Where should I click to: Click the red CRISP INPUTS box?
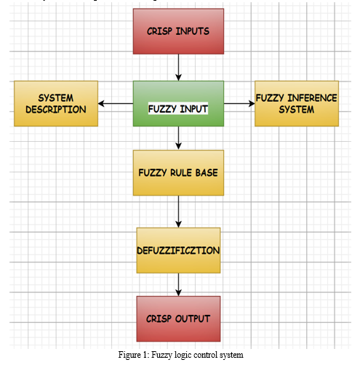pyautogui.click(x=178, y=31)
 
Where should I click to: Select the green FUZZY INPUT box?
pyautogui.click(x=178, y=103)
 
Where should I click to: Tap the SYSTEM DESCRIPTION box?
pyautogui.click(x=56, y=103)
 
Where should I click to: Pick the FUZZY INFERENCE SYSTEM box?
pyautogui.click(x=297, y=103)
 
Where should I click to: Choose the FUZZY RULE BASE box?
pyautogui.click(x=178, y=173)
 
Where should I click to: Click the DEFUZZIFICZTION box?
pyautogui.click(x=178, y=250)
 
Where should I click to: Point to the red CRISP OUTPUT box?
pyautogui.click(x=178, y=318)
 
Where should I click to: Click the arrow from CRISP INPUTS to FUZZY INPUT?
pyautogui.click(x=178, y=68)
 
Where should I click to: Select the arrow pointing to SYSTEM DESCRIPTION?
pyautogui.click(x=116, y=103)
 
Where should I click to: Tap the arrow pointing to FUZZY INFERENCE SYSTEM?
pyautogui.click(x=239, y=103)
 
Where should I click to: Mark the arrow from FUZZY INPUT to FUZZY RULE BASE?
pyautogui.click(x=178, y=138)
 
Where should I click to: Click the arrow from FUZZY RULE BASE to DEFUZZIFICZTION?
pyautogui.click(x=178, y=212)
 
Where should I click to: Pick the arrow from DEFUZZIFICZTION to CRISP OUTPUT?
pyautogui.click(x=178, y=284)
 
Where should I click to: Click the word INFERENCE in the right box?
pyautogui.click(x=312, y=98)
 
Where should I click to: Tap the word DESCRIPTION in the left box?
pyautogui.click(x=56, y=110)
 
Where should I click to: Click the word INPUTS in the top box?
pyautogui.click(x=193, y=31)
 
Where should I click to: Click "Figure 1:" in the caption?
pyautogui.click(x=134, y=355)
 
